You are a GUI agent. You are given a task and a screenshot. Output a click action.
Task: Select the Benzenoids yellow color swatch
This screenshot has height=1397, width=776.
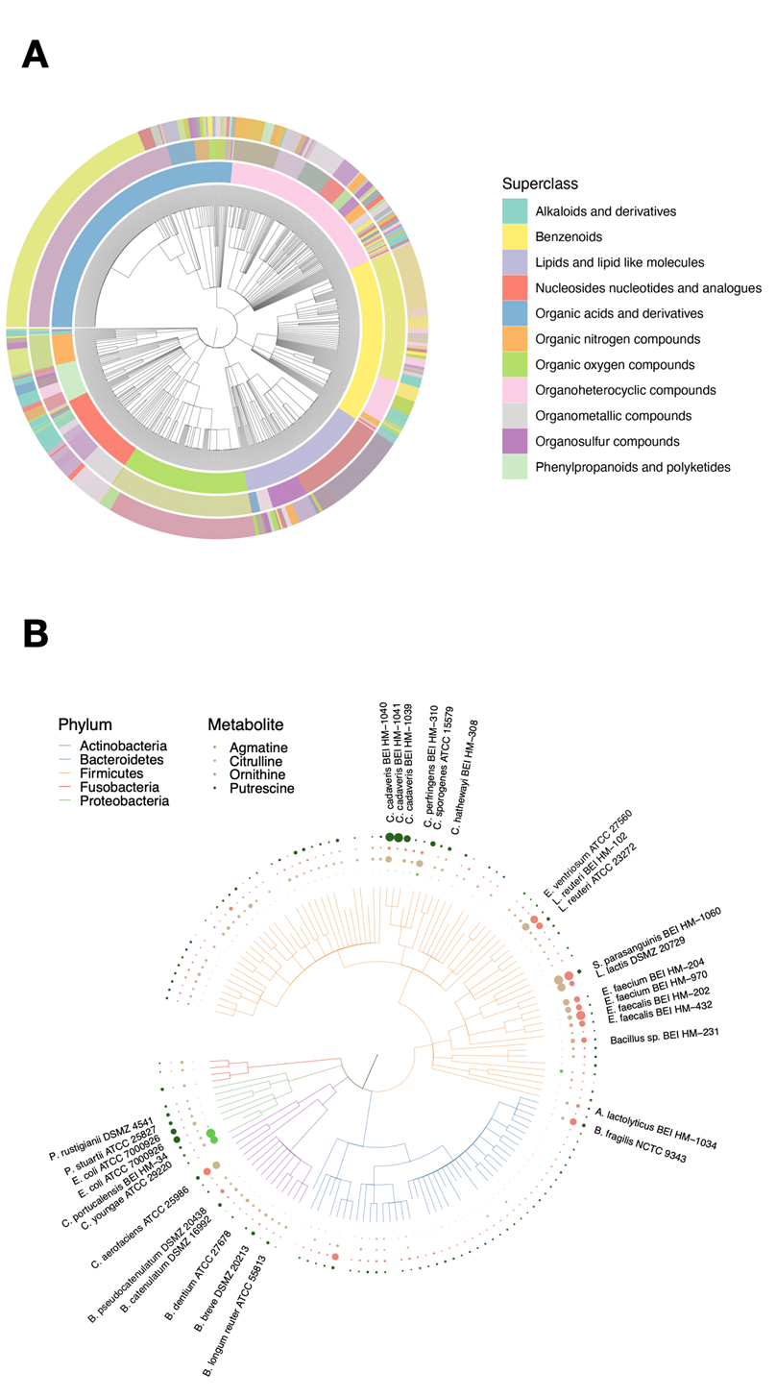point(516,236)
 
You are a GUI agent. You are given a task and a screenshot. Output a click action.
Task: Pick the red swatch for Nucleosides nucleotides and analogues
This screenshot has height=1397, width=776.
point(516,287)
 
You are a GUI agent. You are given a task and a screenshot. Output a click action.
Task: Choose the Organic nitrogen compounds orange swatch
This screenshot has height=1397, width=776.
point(516,339)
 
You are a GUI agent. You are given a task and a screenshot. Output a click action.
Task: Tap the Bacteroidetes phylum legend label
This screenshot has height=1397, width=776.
point(121,759)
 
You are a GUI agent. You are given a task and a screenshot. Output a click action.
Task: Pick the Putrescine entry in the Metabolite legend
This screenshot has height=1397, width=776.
point(262,788)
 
